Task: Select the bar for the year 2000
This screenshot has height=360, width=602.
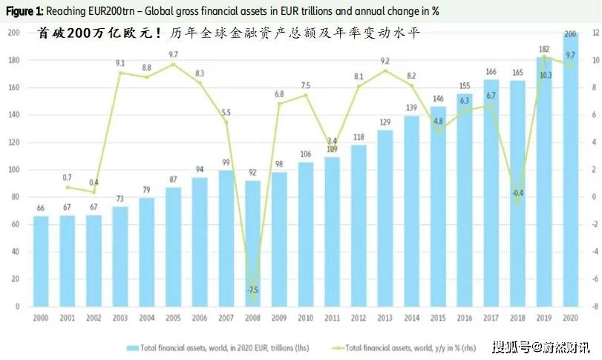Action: click(41, 261)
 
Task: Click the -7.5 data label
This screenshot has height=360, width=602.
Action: click(252, 289)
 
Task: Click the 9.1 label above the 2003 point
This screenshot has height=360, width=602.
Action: click(120, 64)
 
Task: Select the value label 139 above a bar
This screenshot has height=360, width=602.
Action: click(411, 108)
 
